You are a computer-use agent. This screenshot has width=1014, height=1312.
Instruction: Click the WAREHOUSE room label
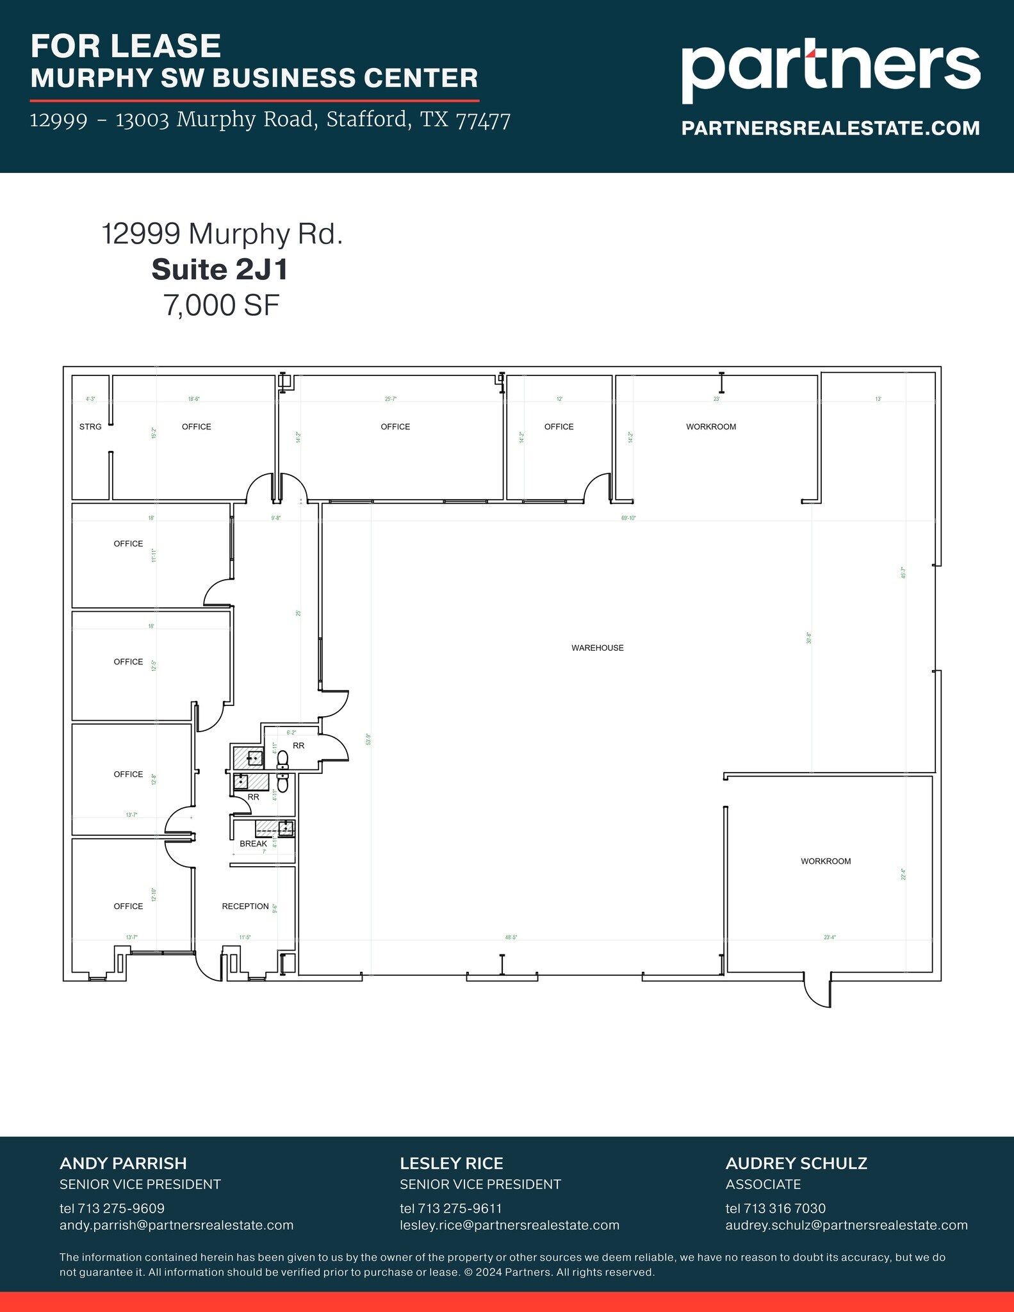click(x=597, y=648)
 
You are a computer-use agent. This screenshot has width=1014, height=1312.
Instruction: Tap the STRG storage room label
click(x=90, y=427)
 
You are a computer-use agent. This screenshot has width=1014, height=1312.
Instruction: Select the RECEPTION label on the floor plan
click(x=245, y=906)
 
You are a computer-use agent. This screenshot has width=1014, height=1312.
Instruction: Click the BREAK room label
click(x=253, y=844)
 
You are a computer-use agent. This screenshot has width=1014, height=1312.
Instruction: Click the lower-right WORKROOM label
click(x=826, y=861)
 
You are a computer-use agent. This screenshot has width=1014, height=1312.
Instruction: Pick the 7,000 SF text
click(x=222, y=306)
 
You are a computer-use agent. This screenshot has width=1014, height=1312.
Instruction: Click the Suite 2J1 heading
click(x=220, y=270)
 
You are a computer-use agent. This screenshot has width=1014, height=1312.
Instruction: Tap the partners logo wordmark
click(x=830, y=68)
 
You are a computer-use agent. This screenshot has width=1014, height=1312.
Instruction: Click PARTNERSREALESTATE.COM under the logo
click(x=830, y=128)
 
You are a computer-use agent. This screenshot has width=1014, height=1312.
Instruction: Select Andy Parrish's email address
click(x=176, y=1225)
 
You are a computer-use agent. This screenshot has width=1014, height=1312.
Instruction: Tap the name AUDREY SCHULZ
click(x=796, y=1163)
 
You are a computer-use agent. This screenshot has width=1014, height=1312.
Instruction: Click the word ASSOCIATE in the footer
click(x=763, y=1184)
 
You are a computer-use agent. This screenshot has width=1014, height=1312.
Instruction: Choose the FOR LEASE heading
click(x=126, y=46)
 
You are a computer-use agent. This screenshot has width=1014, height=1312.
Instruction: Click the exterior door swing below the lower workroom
click(x=817, y=992)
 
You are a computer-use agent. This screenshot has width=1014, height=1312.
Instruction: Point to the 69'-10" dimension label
click(x=628, y=518)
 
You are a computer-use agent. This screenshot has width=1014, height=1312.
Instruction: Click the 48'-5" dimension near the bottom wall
click(x=511, y=937)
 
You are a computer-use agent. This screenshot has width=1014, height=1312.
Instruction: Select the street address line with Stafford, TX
click(x=270, y=120)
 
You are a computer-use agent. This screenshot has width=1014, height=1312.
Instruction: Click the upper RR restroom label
click(x=298, y=746)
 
